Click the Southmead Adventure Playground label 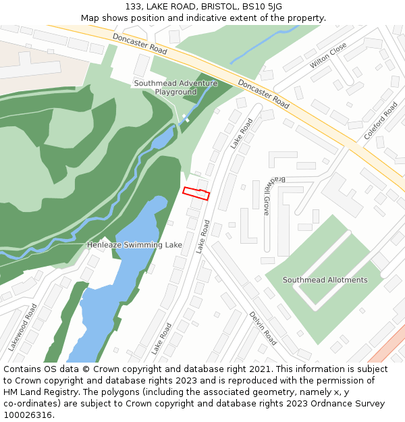165,87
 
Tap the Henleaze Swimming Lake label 134,244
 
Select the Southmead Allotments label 325,280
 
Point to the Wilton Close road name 328,55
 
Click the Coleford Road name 381,121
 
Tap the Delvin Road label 263,328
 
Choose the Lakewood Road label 22,327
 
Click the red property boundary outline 196,193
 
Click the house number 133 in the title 133,7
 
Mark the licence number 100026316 28,415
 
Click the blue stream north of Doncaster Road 263,45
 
